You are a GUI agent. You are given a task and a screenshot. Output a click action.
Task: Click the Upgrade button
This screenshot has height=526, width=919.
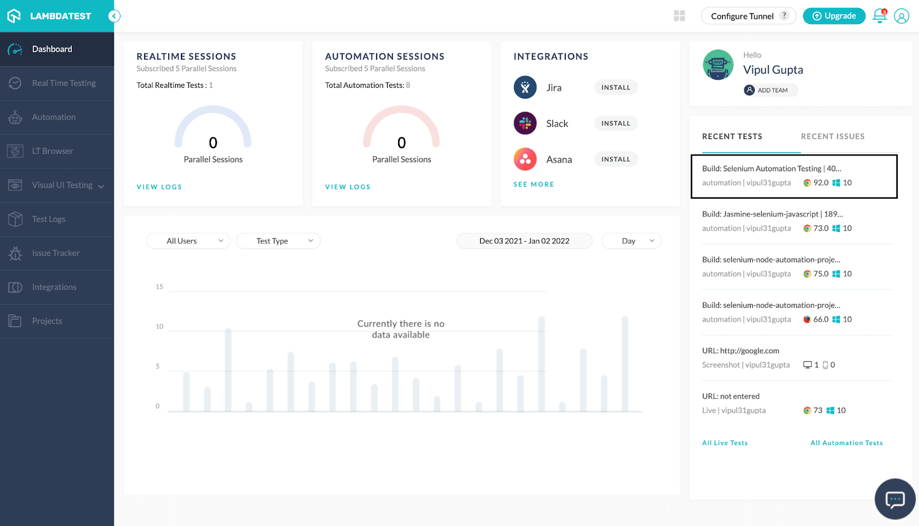[834, 16]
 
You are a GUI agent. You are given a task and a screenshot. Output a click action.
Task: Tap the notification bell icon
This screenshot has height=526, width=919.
[879, 16]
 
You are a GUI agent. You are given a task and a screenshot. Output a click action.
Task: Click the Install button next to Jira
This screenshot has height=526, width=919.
[616, 87]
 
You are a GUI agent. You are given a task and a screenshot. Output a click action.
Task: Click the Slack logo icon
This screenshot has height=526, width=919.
[525, 123]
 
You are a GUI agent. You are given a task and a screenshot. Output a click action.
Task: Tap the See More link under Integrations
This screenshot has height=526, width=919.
[534, 184]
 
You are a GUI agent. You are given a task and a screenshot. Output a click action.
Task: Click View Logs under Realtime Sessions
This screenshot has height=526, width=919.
[159, 187]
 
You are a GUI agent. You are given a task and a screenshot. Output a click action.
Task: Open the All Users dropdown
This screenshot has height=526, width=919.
[188, 241]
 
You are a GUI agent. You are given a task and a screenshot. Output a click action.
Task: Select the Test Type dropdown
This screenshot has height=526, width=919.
[278, 241]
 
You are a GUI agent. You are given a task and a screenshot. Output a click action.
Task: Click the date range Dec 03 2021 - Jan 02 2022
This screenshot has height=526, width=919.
[524, 241]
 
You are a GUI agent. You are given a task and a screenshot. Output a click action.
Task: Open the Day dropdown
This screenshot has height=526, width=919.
[631, 241]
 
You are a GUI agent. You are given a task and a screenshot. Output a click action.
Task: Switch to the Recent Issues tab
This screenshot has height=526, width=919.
[832, 137]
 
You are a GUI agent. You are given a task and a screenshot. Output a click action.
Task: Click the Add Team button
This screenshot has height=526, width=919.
[771, 90]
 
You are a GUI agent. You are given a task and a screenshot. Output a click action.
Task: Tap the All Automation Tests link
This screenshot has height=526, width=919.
[846, 443]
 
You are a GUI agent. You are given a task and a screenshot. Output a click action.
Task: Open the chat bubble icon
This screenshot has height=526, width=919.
[895, 499]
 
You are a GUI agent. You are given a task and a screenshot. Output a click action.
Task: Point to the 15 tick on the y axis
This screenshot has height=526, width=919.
[160, 287]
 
